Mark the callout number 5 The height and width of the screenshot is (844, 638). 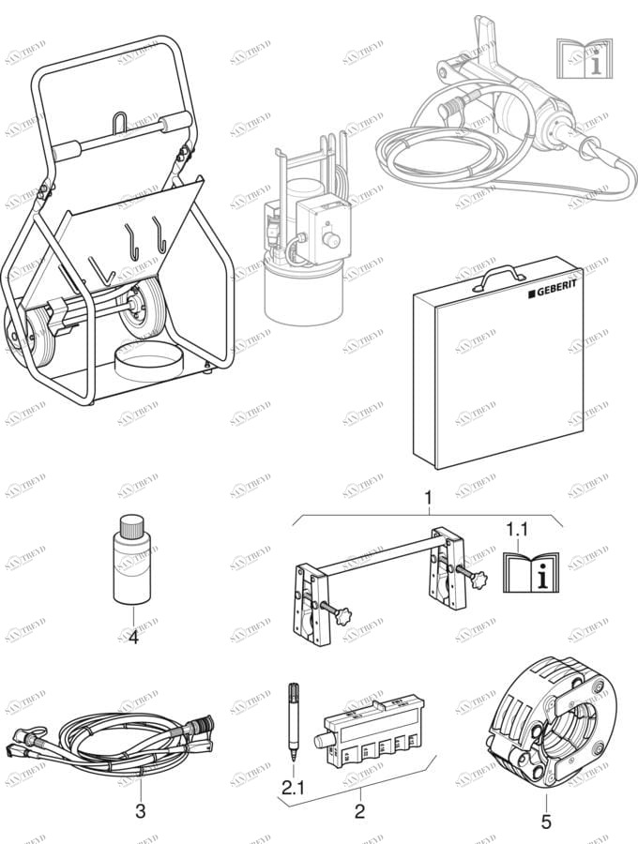click(x=546, y=822)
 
